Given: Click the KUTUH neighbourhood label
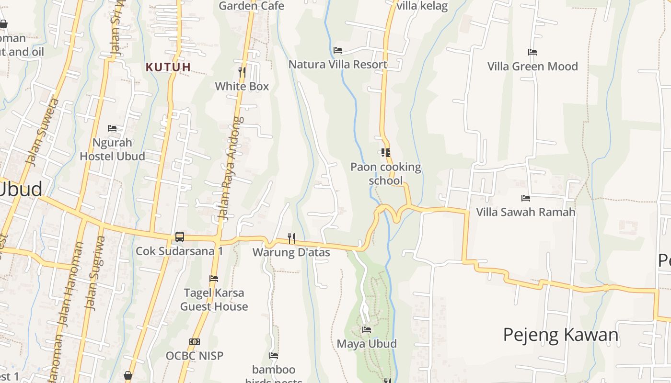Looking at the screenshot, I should [x=168, y=67].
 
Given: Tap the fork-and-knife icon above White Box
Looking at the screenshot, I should [x=242, y=72].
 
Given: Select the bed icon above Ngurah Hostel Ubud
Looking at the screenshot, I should [x=112, y=128].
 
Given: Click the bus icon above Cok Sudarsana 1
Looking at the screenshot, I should [x=180, y=237].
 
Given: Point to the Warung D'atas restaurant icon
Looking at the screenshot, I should [x=291, y=237].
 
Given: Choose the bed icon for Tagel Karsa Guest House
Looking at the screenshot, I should [x=214, y=279].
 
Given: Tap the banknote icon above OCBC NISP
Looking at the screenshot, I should [x=195, y=342].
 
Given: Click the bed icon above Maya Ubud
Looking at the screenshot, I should [x=367, y=329].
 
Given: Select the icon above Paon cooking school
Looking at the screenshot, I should [x=385, y=153].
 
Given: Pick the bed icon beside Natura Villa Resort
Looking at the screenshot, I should [x=338, y=50].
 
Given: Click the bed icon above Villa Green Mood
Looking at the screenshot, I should [x=532, y=52].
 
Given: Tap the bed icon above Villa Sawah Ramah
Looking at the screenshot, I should [x=526, y=198].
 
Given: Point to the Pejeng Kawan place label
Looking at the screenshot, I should [x=561, y=335].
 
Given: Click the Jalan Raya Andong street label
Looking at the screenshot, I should [x=231, y=169].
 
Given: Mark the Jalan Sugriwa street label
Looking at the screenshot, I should [x=94, y=272].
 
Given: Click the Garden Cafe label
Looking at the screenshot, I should [x=252, y=6].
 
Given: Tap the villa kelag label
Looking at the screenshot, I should [x=422, y=6].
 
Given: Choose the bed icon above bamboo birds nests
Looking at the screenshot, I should [x=274, y=356].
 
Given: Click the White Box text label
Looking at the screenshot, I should [x=242, y=86].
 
